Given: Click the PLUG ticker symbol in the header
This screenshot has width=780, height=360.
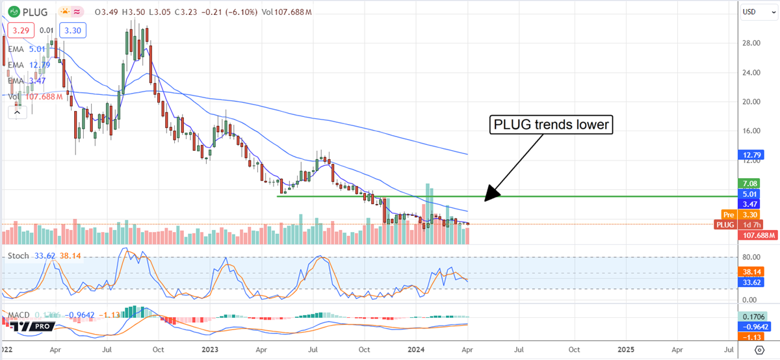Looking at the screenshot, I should click(32, 12).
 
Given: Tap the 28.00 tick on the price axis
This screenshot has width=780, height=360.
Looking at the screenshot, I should click(753, 43).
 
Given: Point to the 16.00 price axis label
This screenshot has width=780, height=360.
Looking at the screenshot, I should click(753, 131).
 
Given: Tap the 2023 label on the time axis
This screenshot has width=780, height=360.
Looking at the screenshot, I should click(211, 349).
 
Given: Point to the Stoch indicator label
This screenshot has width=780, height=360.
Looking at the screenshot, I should click(18, 256).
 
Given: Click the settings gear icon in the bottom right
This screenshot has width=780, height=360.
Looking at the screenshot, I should click(759, 350).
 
